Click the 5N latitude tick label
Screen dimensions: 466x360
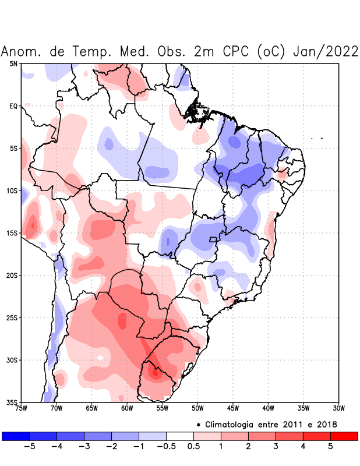tap(13, 63)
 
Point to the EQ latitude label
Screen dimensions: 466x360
tap(13, 106)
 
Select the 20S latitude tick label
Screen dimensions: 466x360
tap(11, 275)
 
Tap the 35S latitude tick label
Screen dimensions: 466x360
tap(11, 402)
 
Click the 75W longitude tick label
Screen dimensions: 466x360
tap(21, 408)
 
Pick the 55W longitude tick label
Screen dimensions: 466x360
tap(162, 408)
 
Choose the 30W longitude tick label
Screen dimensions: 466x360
tap(338, 408)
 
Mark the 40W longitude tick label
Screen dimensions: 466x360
tap(268, 408)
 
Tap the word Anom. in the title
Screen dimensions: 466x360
tap(22, 51)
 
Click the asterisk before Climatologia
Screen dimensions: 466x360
tap(199, 424)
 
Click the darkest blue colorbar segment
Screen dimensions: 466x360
tap(16, 436)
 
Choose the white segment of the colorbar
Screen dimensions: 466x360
tap(180, 436)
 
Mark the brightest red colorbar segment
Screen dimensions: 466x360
tap(344, 436)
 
